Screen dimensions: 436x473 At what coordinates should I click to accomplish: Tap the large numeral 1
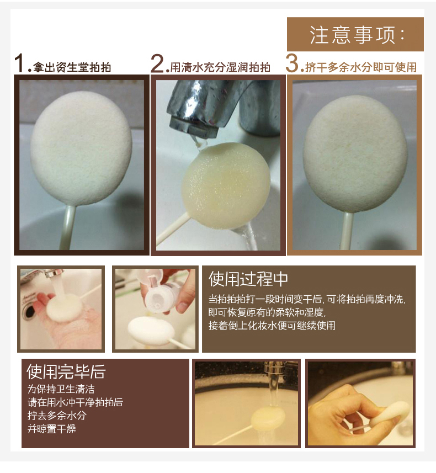click(20, 63)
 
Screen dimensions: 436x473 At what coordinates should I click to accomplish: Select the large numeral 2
click(157, 63)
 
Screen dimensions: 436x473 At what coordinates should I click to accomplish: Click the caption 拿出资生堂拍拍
click(72, 67)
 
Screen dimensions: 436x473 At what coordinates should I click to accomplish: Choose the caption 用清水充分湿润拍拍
click(220, 67)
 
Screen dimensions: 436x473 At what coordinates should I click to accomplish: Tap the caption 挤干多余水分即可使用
click(361, 67)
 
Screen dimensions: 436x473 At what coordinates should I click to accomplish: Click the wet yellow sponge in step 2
click(226, 185)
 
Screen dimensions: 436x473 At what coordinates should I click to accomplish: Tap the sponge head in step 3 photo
click(355, 154)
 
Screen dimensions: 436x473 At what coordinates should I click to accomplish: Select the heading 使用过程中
click(248, 279)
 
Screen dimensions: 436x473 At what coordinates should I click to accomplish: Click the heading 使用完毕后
click(66, 371)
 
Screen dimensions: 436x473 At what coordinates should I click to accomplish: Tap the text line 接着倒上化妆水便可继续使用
click(272, 326)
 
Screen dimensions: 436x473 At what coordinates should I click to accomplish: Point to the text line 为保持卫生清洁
click(61, 389)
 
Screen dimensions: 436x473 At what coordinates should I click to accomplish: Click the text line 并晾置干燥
click(51, 428)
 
